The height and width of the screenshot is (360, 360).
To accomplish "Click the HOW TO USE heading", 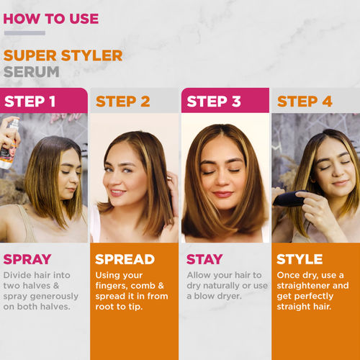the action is pyautogui.click(x=51, y=19).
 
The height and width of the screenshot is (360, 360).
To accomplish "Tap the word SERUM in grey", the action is pyautogui.click(x=32, y=72).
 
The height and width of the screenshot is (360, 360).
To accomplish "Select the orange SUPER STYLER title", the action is pyautogui.click(x=63, y=55).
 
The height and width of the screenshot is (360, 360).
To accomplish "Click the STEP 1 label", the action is pyautogui.click(x=30, y=102).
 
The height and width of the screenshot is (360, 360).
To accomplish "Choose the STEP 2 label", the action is pyautogui.click(x=123, y=102).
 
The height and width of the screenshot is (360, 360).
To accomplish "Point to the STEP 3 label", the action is pyautogui.click(x=214, y=102).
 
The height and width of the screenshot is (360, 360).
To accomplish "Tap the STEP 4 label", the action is pyautogui.click(x=305, y=102).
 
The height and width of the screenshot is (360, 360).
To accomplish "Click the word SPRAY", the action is pyautogui.click(x=27, y=259).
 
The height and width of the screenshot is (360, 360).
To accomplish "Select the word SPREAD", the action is pyautogui.click(x=125, y=259).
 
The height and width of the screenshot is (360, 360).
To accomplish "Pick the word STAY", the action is pyautogui.click(x=204, y=259).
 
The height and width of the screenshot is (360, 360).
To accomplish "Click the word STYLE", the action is pyautogui.click(x=300, y=259).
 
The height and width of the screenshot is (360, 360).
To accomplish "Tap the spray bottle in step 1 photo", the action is pyautogui.click(x=9, y=144).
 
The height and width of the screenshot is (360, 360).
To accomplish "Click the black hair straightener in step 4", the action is pyautogui.click(x=289, y=198).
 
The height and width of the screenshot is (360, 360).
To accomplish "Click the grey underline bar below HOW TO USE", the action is pyautogui.click(x=24, y=33).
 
